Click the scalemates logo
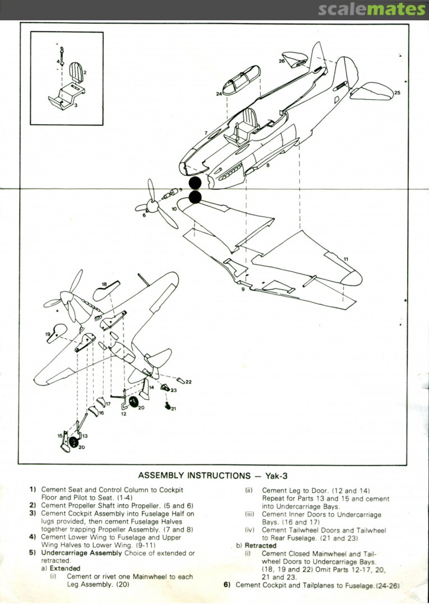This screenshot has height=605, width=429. tap(372, 10)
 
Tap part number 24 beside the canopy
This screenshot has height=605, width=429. tap(219, 94)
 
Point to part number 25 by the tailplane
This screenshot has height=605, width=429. tap(397, 92)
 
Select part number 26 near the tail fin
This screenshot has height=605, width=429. tap(282, 61)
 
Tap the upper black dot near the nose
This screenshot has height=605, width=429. tap(195, 183)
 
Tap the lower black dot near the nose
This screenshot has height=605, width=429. tap(195, 197)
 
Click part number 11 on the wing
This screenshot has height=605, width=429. tap(346, 259)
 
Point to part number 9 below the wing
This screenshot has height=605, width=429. tap(243, 290)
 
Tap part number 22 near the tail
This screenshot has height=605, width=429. tap(188, 382)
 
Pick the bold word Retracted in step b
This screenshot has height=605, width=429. tap(261, 545)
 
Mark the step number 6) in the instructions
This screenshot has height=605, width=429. tap(227, 585)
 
